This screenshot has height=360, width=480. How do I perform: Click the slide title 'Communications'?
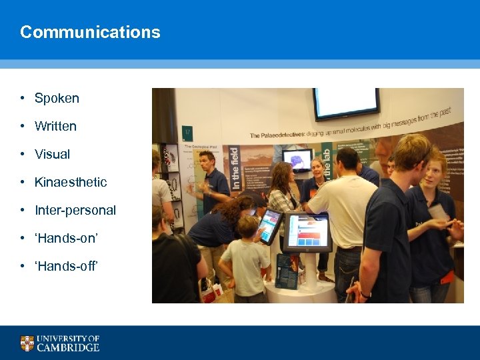[90, 32]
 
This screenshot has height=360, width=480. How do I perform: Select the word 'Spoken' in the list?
[57, 98]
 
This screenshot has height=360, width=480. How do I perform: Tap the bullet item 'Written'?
[55, 126]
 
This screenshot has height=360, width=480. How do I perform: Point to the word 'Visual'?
[52, 154]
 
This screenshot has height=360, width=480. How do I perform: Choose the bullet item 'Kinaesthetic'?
[71, 182]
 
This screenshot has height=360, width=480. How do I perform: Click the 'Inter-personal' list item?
[75, 210]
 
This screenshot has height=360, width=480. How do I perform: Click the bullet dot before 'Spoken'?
[22, 98]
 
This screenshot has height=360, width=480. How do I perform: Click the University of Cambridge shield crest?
[27, 343]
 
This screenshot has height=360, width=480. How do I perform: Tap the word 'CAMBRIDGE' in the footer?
[68, 347]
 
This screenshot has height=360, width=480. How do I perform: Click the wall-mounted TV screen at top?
[346, 102]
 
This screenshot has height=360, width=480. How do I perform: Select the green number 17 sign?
[187, 132]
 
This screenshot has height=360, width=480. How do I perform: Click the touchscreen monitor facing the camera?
[307, 231]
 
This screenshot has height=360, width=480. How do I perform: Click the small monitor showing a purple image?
[297, 159]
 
